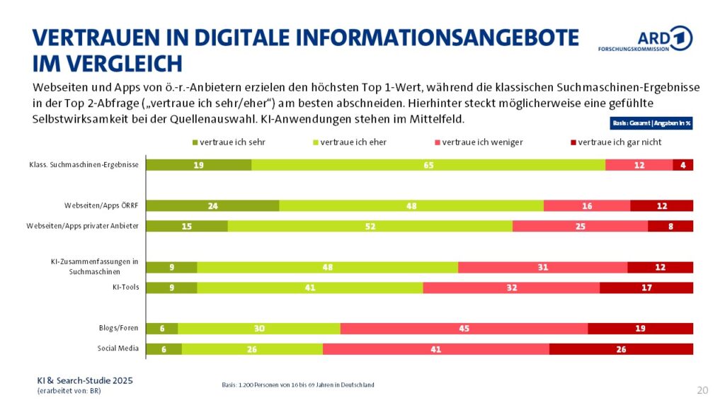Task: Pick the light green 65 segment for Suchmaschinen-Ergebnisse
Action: tap(428, 164)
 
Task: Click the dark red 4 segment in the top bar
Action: tap(683, 164)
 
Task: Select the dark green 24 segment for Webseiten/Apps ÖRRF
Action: tap(212, 205)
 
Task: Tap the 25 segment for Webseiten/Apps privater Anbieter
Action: tap(580, 226)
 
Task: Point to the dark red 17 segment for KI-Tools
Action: tap(646, 288)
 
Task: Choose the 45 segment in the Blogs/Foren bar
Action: tap(464, 329)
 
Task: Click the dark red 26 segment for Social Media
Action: tap(621, 349)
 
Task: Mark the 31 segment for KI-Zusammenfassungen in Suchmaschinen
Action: tap(542, 267)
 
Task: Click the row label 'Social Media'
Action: tap(118, 348)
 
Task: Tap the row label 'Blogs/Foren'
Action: tap(118, 328)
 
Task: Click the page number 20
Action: tap(702, 390)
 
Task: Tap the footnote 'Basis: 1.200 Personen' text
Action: tap(297, 385)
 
